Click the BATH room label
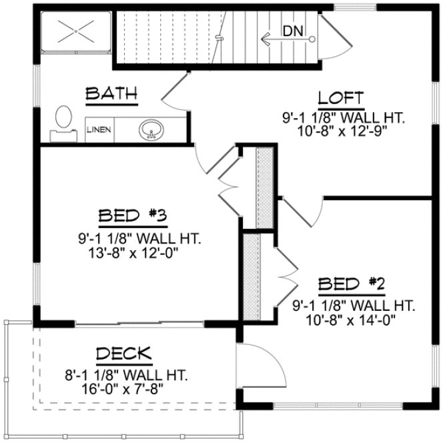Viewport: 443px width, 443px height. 111,94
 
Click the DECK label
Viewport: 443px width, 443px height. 123,354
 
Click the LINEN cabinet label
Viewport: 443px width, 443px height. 99,130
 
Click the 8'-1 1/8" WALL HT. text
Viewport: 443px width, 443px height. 123,374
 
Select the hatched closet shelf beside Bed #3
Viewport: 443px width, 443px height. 266,187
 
